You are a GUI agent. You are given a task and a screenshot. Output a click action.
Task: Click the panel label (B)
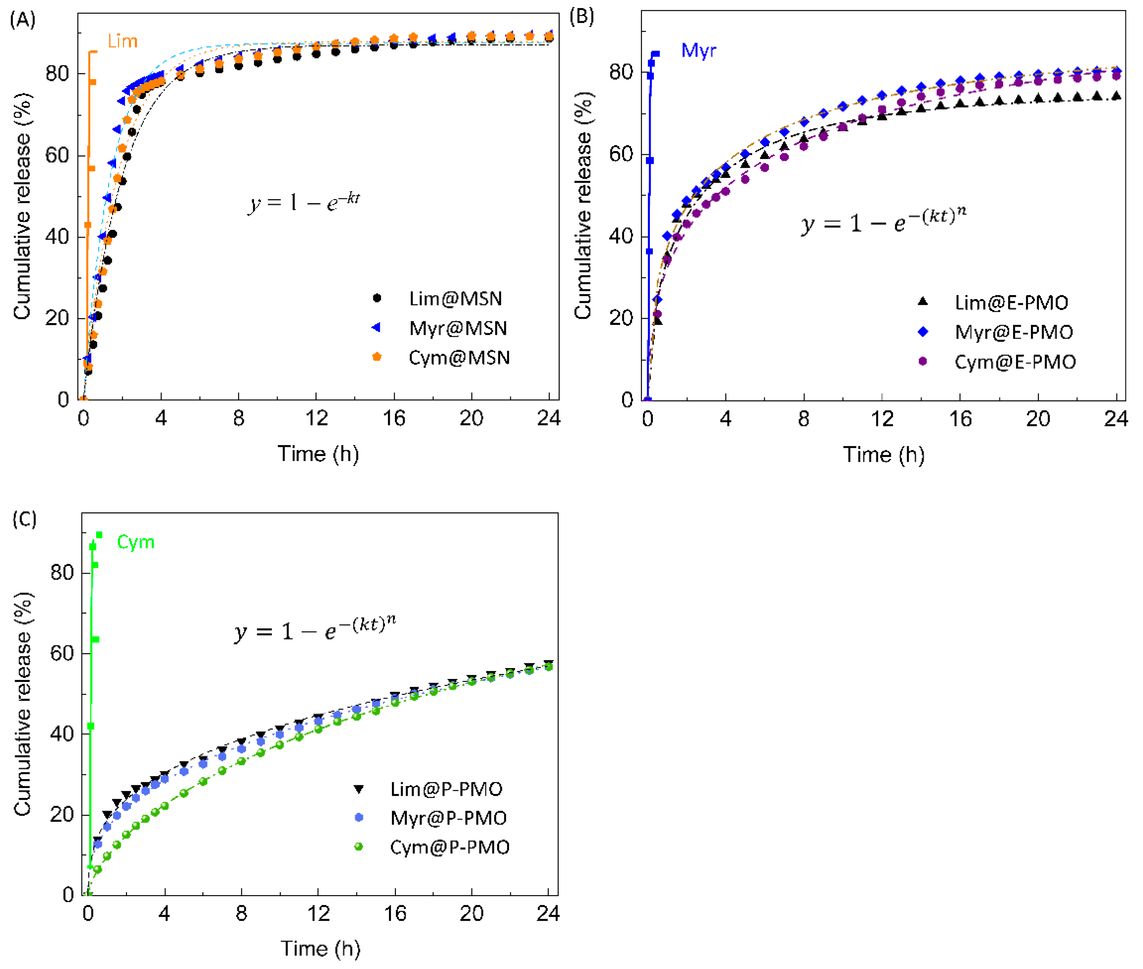click(x=582, y=17)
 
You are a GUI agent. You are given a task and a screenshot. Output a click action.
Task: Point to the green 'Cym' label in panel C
click(x=136, y=542)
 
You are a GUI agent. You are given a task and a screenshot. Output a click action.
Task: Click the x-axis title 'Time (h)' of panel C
click(x=320, y=949)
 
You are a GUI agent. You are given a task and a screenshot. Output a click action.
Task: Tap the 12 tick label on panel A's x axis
click(x=316, y=418)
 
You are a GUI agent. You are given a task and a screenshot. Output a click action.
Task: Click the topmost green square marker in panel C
click(x=99, y=535)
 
